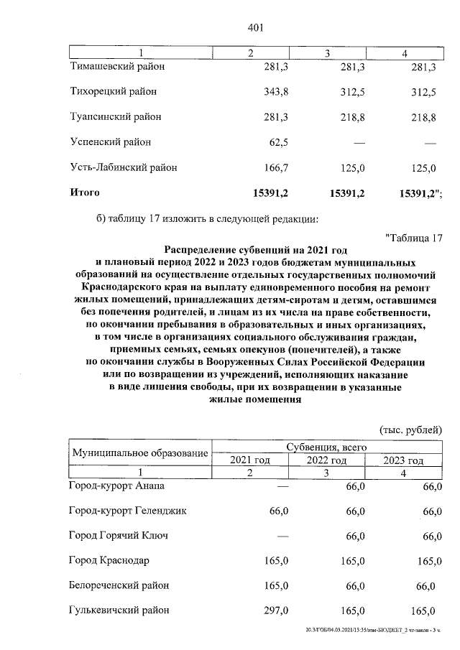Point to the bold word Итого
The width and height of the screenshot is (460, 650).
coord(84,192)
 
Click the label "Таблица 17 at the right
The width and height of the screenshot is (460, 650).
coord(414,238)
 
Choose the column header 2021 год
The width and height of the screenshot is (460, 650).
coord(249,460)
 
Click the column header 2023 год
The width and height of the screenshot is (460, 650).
coord(404,460)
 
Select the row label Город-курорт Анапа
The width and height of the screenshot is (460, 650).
coord(116,486)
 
